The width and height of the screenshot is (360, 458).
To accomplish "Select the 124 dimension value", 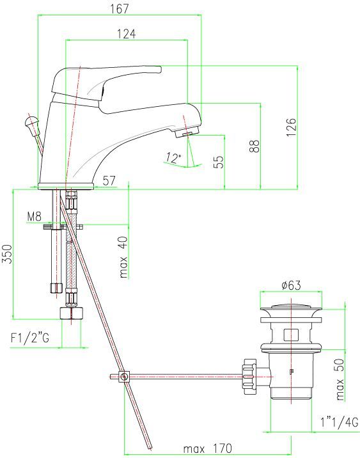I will click(x=126, y=35).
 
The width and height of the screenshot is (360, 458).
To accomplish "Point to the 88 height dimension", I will click(x=254, y=146).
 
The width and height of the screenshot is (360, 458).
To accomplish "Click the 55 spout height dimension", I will click(x=219, y=162).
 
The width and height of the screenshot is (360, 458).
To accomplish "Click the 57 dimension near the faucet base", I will click(x=109, y=181).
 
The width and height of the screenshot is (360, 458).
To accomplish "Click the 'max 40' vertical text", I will click(x=123, y=258).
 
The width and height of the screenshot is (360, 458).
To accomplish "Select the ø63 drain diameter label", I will click(x=290, y=285).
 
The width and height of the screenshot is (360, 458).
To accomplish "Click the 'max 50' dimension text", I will click(x=340, y=379).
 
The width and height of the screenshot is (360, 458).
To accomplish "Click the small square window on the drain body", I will click(x=290, y=334).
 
